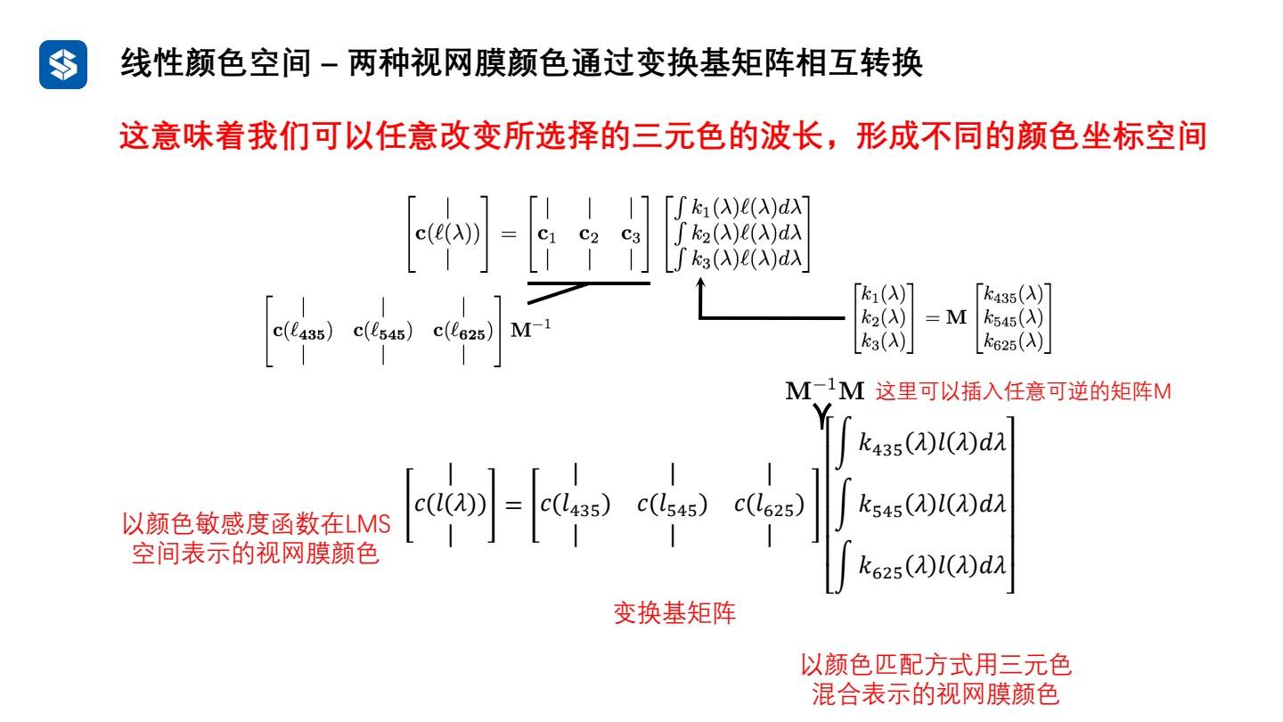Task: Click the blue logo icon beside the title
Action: (63, 65)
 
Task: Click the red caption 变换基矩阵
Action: (674, 613)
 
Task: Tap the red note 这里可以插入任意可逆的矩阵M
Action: (1022, 391)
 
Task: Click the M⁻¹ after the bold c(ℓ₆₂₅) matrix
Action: (533, 331)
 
